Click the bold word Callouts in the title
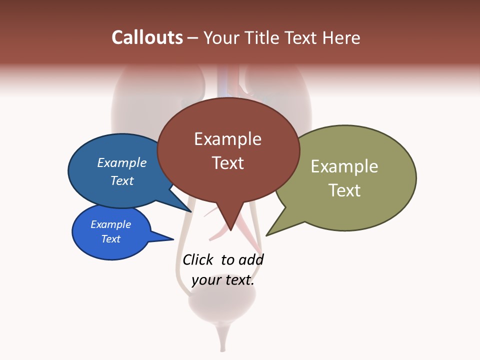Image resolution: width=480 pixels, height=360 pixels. click(147, 37)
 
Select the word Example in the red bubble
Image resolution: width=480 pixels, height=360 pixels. click(227, 139)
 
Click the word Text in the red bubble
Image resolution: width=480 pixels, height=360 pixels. click(228, 163)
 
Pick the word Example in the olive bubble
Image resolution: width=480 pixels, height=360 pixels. click(344, 166)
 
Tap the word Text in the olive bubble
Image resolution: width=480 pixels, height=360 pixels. click(344, 190)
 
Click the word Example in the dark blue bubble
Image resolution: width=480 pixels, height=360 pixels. click(122, 162)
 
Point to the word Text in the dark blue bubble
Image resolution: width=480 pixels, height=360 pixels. click(122, 180)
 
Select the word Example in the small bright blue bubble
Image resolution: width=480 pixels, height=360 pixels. click(111, 224)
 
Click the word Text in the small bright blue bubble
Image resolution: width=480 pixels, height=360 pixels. click(111, 239)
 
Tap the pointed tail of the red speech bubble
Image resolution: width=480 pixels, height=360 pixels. click(230, 222)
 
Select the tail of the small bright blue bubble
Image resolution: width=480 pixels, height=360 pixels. click(165, 237)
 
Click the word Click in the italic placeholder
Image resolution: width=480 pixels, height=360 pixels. click(197, 260)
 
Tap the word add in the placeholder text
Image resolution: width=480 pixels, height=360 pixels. click(251, 260)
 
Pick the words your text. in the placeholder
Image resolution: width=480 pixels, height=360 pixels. click(223, 280)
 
